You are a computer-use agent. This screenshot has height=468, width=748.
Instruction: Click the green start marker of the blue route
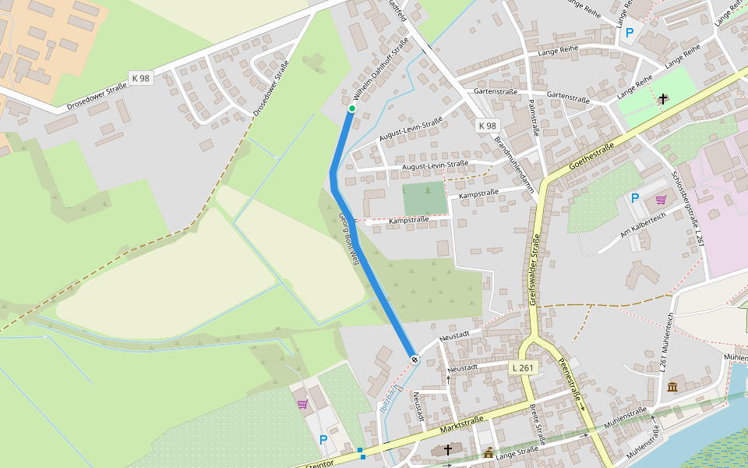coord(352,108)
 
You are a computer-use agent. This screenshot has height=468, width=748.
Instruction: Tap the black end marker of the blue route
coord(415,359)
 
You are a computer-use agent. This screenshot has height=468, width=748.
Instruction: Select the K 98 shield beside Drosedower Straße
coord(141,78)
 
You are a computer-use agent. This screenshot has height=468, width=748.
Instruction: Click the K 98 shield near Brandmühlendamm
coord(487,126)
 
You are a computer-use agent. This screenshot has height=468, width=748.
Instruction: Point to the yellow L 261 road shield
coord(524,367)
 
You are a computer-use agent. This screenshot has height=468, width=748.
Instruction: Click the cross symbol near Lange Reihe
coord(663,99)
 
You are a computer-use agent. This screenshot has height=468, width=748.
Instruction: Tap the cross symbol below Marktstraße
coord(448,449)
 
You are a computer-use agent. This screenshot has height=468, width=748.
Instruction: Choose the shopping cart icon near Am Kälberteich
coord(662,200)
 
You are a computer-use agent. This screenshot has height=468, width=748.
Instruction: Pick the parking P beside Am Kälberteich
coord(635,198)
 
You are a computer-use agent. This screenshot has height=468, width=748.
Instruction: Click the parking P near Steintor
coord(323,440)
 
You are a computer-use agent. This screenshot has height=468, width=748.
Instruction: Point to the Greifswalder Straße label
coord(535,269)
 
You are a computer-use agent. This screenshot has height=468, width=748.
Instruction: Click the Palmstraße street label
coord(535,118)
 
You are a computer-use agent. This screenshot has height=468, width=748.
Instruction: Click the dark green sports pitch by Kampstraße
coord(425,199)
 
